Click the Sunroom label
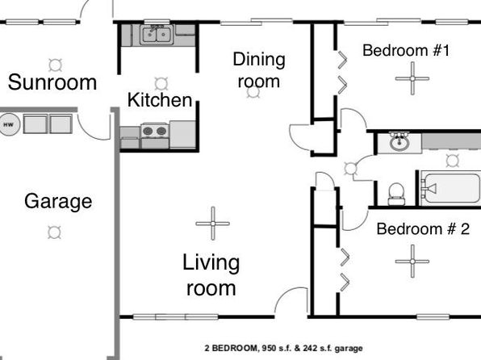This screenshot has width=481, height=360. click(x=52, y=82)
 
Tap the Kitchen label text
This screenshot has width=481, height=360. click(x=160, y=100)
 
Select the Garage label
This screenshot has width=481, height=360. click(x=58, y=202)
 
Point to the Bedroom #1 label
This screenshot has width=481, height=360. click(x=406, y=50)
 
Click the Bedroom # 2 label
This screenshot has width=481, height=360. click(x=423, y=229)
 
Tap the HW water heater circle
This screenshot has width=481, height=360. click(x=9, y=124)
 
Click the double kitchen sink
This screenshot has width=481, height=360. click(x=157, y=35)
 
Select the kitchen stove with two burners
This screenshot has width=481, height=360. click(x=155, y=136)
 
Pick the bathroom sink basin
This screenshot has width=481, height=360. click(x=399, y=143)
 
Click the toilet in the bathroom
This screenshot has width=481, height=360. click(x=396, y=194)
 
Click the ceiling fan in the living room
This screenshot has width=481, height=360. click(x=213, y=224)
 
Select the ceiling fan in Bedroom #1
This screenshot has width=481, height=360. click(x=412, y=78)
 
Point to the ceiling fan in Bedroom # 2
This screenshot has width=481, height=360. click(x=412, y=262)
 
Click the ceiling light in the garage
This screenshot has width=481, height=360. click(x=54, y=232)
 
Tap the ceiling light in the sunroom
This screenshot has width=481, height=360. click(x=56, y=65)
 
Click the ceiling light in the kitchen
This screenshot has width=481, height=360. click(x=161, y=83)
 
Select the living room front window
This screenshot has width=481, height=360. click(x=175, y=317)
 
